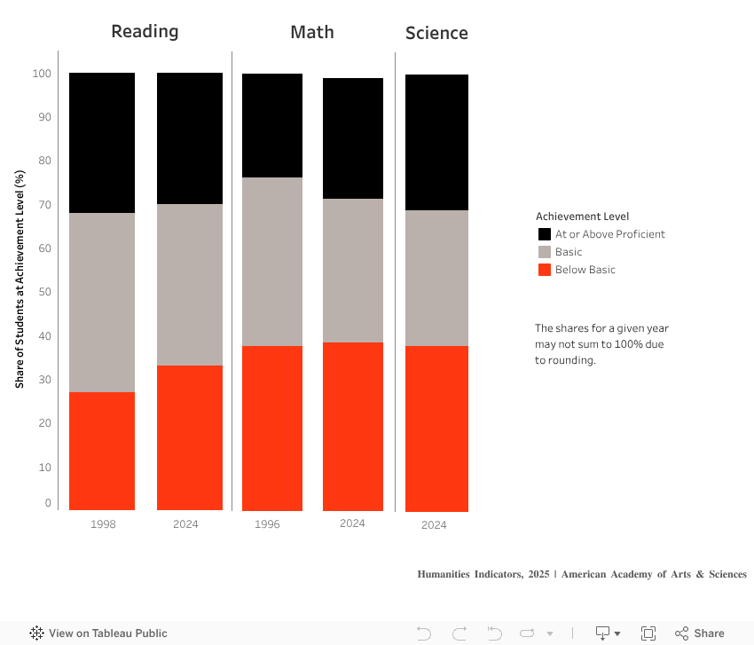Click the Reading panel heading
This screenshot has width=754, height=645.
tap(145, 32)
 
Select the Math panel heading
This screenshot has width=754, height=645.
tap(312, 33)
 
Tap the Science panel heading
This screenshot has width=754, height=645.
tap(436, 34)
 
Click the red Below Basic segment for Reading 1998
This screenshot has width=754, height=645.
tap(102, 451)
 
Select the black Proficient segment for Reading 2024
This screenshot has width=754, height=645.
tap(190, 138)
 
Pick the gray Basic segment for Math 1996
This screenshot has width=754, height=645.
tap(272, 262)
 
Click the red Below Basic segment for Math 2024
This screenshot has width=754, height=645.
tap(352, 426)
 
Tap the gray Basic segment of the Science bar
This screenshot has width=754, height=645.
tap(436, 278)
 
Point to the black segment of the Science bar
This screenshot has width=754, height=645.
tap(436, 142)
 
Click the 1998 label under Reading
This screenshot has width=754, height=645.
tap(103, 524)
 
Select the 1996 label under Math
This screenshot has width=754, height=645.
tap(267, 524)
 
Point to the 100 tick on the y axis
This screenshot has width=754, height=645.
tap(43, 74)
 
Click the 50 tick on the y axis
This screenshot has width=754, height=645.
tap(45, 292)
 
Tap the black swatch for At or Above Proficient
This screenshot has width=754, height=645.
tap(545, 234)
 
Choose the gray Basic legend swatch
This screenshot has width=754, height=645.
tap(545, 252)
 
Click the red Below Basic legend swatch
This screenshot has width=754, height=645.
tap(545, 270)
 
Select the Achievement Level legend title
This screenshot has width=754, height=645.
tap(582, 216)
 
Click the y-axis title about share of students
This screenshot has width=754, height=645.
tap(20, 279)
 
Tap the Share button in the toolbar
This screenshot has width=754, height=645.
tap(700, 633)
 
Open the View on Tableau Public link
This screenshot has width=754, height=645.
tap(98, 633)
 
